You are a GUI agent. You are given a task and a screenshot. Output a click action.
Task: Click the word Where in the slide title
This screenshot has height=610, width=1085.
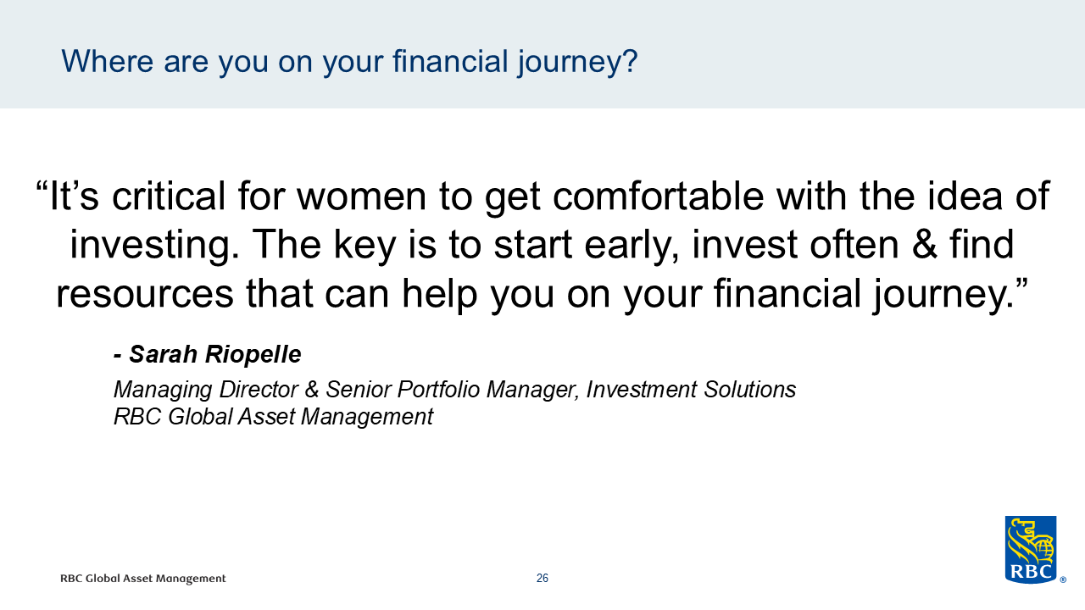point(107,62)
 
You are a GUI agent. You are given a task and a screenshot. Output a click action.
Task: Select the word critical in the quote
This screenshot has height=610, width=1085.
point(169,196)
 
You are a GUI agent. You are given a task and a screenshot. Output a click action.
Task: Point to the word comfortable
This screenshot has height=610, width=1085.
point(659,196)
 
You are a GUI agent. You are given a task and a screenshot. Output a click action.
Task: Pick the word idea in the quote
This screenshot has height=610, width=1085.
point(965,196)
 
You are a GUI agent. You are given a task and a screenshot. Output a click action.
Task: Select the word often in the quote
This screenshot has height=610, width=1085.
point(854,245)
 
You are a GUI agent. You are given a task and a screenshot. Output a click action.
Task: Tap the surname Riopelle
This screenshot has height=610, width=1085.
point(253,355)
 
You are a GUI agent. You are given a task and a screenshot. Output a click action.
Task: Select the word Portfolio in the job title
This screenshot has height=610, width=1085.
point(438,390)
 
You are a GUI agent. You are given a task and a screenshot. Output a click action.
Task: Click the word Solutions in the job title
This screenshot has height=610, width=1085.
point(749,389)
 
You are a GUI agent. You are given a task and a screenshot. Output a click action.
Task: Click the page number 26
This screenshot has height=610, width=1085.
point(542,578)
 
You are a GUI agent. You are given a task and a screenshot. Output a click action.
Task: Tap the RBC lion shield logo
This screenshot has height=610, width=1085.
point(1031,550)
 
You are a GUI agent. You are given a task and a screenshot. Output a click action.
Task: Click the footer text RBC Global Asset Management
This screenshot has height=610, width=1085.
point(143,579)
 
